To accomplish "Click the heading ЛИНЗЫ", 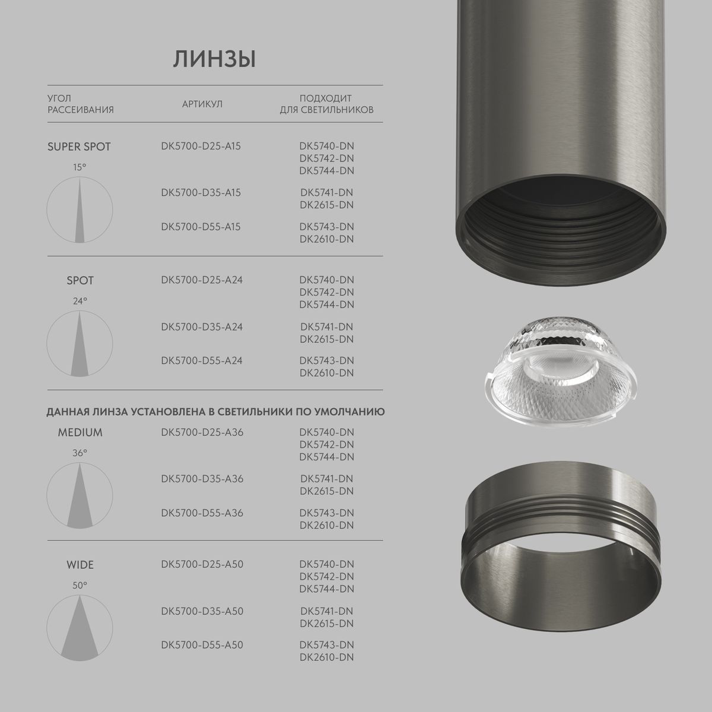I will (214, 60).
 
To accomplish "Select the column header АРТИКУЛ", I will (202, 104).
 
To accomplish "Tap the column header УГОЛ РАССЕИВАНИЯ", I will (80, 104).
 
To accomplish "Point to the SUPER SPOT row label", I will (79, 147).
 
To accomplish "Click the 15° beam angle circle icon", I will (80, 210).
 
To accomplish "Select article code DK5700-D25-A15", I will (201, 146).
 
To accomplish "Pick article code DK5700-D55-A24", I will (202, 361).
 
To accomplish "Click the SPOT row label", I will (80, 281).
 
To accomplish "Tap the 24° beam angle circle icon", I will (80, 344).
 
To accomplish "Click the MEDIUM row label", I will (80, 433).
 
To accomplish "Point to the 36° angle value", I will (80, 453).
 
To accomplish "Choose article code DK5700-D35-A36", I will (202, 479).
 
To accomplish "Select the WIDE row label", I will (80, 565).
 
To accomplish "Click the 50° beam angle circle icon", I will (80, 628).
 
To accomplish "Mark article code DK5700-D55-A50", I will (202, 645).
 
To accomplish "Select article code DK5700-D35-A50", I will (202, 611).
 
